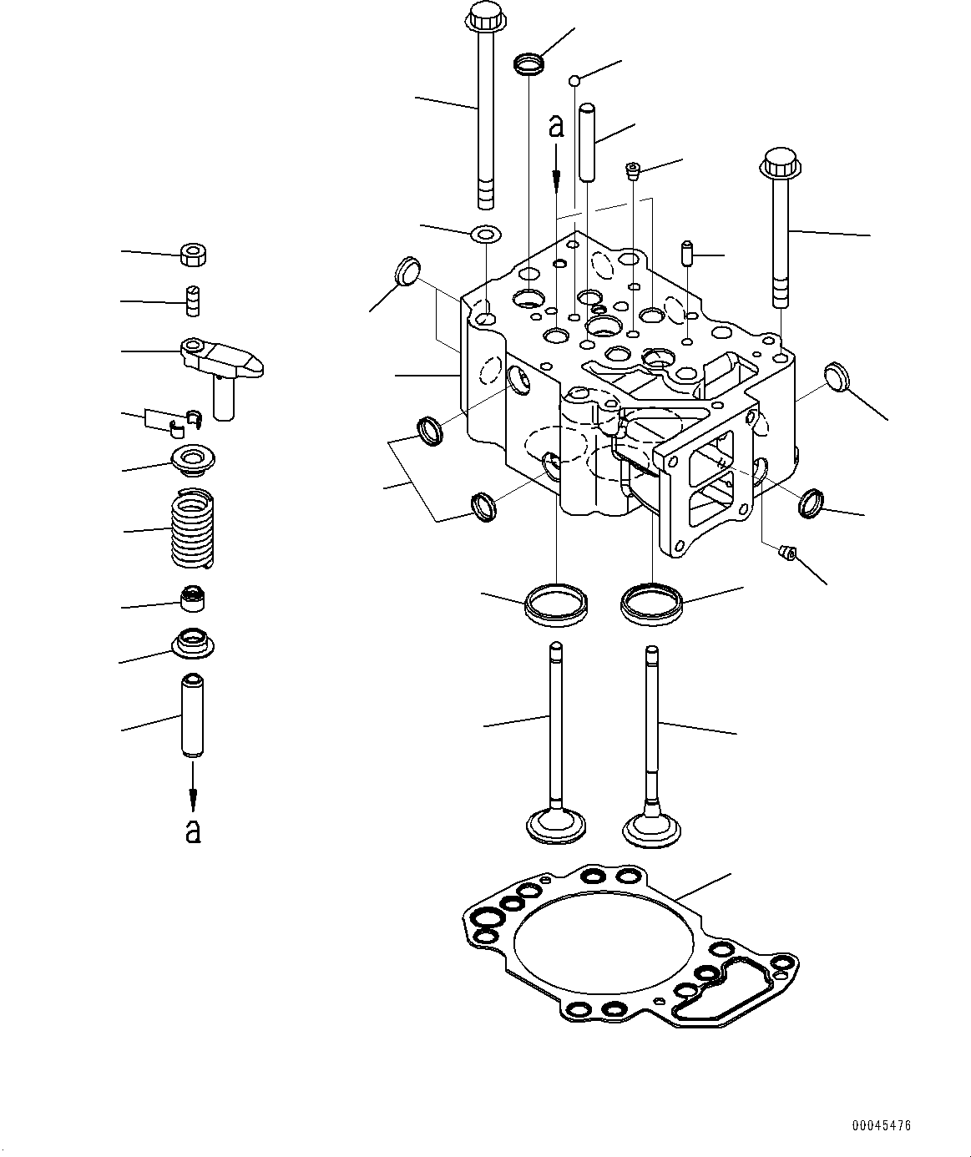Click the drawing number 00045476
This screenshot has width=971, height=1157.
tap(881, 1125)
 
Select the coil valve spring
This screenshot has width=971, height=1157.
tap(193, 528)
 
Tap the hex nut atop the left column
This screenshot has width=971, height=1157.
tap(193, 255)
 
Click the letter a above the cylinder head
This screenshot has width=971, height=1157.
tap(556, 126)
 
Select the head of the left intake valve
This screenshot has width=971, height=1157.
tap(556, 824)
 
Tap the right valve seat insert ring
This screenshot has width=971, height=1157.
tap(652, 604)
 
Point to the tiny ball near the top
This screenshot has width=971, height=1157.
tap(574, 80)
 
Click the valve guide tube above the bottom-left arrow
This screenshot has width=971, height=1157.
tap(193, 715)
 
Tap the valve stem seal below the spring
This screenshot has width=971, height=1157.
tap(193, 598)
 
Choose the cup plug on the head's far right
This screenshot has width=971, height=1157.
tap(837, 376)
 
